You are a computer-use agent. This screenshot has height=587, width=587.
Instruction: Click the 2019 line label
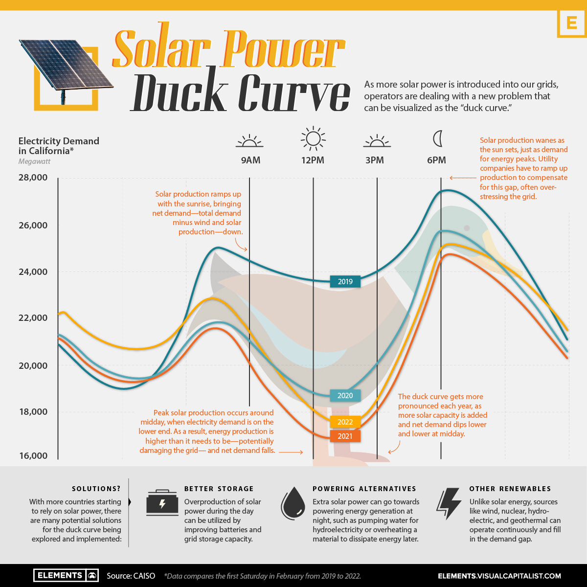point(345,281)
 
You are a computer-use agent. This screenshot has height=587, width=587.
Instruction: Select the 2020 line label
point(345,396)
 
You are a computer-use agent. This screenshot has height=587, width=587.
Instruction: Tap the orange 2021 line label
point(345,436)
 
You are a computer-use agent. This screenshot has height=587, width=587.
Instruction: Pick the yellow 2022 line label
point(345,422)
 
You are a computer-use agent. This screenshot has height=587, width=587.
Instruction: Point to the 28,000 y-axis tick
point(34,178)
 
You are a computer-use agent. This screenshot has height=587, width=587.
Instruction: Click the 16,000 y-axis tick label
point(34,456)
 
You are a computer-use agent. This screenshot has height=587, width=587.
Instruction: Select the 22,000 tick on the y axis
point(34,318)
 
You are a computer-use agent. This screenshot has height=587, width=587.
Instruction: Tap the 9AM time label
point(250,160)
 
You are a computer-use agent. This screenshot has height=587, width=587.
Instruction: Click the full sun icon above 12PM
point(313,138)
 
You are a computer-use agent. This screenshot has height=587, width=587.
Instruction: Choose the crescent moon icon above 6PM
point(438,139)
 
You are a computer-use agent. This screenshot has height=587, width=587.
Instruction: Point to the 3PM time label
point(375,160)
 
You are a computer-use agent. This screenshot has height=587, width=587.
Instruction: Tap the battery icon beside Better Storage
point(162,503)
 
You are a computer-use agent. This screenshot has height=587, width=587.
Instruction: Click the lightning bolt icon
point(449,503)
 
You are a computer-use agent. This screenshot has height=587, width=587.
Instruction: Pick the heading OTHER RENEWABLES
point(510,489)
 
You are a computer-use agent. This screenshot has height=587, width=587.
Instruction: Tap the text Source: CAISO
point(131,576)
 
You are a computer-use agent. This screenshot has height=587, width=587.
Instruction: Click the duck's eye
point(467,228)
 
